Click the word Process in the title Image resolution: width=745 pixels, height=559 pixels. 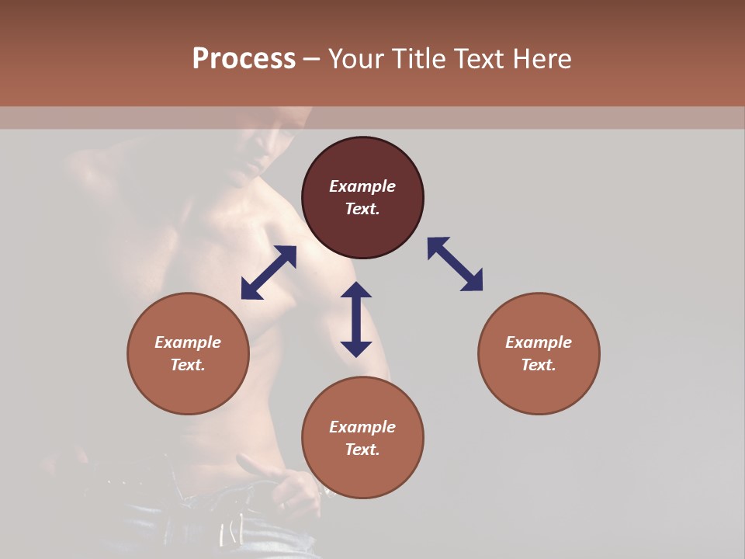click(x=244, y=59)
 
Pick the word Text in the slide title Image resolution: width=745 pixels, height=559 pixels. click(x=477, y=59)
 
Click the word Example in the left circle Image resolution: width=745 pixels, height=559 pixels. click(x=188, y=342)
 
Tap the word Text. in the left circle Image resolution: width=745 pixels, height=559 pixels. click(x=188, y=365)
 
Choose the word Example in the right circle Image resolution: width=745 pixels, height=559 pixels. click(x=539, y=342)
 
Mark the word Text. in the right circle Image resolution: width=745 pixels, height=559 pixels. click(x=539, y=365)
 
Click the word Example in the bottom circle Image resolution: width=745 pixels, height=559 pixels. click(x=362, y=427)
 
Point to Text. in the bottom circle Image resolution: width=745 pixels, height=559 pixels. click(x=362, y=450)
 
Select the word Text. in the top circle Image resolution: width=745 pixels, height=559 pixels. click(x=362, y=209)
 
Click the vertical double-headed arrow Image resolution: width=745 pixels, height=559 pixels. click(x=356, y=319)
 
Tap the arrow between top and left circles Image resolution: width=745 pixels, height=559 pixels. click(x=269, y=273)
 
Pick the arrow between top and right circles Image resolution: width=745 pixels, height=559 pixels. click(x=455, y=264)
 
